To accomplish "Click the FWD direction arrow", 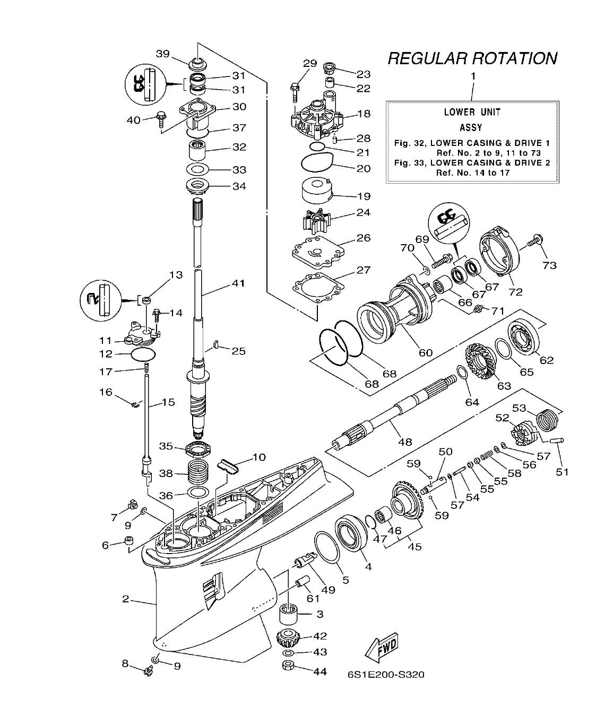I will pos(381,648).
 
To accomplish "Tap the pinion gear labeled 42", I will pos(289,636).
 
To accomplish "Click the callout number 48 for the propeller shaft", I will pos(404,442).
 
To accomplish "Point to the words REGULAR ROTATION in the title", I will pos(472,58).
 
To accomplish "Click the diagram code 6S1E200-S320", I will pos(386,675).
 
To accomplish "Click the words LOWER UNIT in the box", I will pos(472,112).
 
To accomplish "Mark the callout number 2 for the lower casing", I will pos(125,599).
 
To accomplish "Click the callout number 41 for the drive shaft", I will pos(238,283).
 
